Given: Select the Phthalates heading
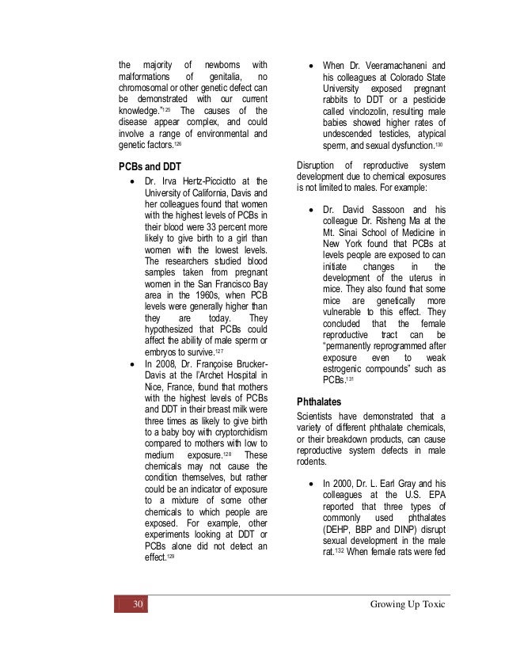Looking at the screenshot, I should [x=321, y=401].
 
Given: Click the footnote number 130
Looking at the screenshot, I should [x=439, y=147].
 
